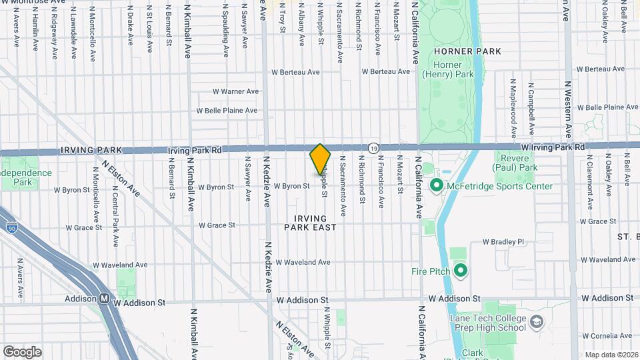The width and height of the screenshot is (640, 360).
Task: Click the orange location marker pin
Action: (x=320, y=159)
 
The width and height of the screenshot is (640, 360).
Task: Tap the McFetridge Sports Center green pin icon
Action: (x=437, y=185)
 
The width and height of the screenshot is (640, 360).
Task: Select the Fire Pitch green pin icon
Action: (x=460, y=270)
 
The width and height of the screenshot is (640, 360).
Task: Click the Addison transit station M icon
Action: (x=105, y=299)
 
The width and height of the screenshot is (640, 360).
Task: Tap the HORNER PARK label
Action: (x=458, y=51)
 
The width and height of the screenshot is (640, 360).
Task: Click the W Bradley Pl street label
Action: (x=504, y=241)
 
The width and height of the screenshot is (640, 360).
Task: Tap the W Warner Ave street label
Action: (x=235, y=91)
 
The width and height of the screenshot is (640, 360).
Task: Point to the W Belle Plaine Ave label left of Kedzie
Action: (x=227, y=111)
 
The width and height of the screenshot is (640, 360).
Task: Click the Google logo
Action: (x=22, y=351)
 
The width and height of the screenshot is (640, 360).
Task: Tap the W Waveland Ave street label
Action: (x=303, y=262)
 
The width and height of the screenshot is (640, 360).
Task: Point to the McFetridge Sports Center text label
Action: (x=500, y=186)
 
